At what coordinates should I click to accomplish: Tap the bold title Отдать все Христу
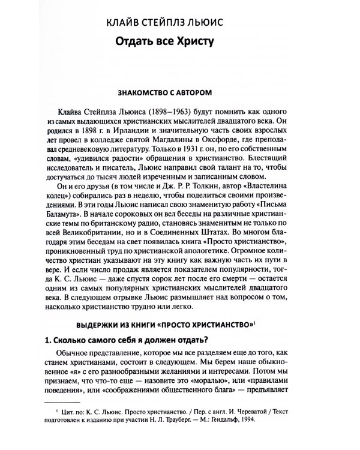point(170,44)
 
